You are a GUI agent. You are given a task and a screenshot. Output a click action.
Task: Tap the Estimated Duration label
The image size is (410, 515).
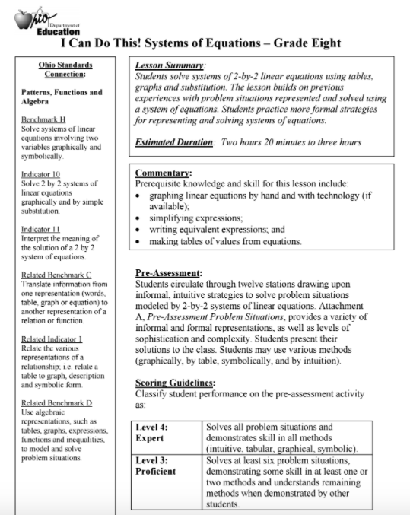173,142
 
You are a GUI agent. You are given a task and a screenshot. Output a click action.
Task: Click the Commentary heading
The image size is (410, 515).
163,173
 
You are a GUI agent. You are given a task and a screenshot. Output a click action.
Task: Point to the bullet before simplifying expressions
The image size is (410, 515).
138,217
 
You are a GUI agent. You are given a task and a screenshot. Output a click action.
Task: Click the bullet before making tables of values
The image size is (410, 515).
138,241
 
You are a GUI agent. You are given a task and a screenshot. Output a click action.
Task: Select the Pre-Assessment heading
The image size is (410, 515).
168,272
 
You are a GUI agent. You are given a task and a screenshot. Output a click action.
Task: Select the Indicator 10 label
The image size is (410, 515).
41,174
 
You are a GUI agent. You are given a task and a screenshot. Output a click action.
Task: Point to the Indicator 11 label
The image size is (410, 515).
41,229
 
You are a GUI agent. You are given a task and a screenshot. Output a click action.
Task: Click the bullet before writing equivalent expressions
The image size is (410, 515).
138,229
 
